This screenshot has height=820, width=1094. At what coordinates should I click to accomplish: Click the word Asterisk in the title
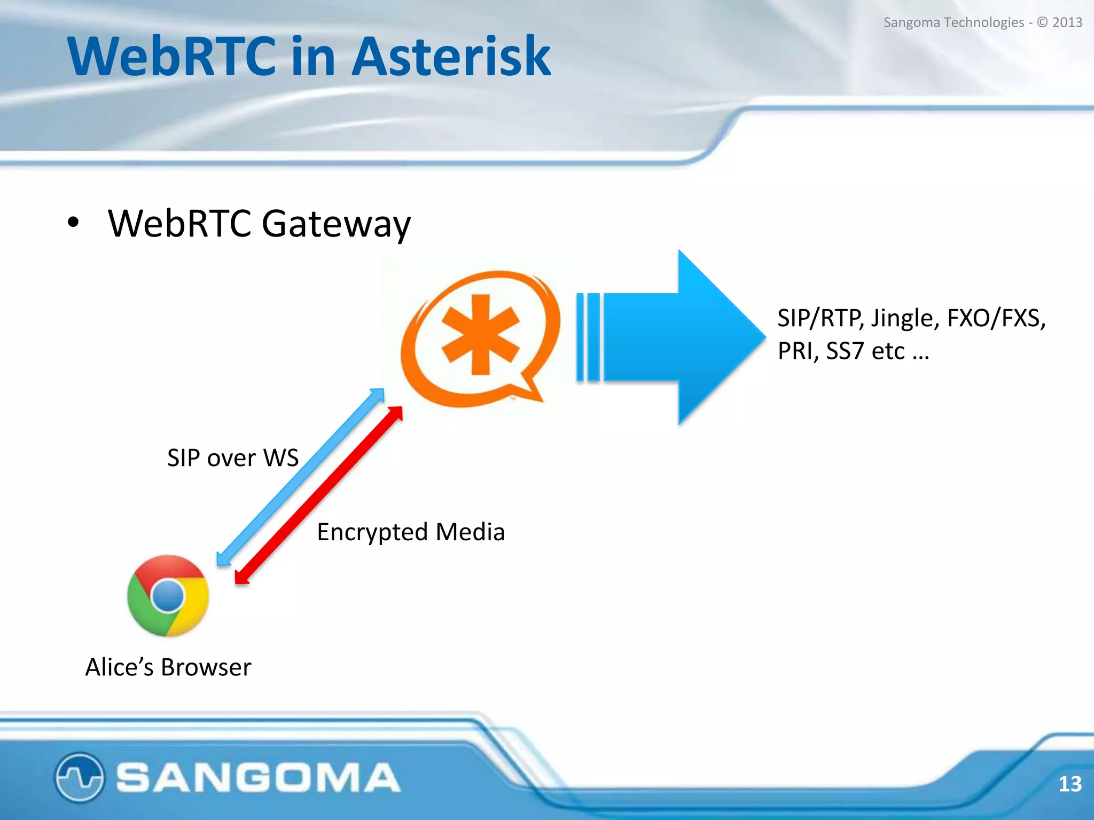[x=451, y=56]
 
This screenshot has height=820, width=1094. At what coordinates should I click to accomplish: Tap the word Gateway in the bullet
[x=337, y=224]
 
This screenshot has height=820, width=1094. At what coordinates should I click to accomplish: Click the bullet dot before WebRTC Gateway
[x=73, y=223]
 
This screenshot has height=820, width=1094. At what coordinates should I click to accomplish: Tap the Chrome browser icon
[x=168, y=596]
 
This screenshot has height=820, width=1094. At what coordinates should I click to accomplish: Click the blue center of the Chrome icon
[x=168, y=596]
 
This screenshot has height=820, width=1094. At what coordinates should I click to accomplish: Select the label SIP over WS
[x=232, y=458]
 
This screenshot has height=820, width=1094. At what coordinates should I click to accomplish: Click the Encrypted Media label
[x=410, y=532]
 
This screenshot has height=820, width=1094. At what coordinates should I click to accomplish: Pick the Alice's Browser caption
[x=168, y=667]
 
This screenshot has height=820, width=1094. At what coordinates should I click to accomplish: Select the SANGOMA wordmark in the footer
[x=258, y=777]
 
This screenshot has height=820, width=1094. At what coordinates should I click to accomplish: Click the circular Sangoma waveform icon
[x=79, y=777]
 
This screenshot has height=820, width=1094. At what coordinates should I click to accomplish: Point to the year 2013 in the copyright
[x=1067, y=22]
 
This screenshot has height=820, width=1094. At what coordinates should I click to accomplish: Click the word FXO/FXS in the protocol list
[x=995, y=319]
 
